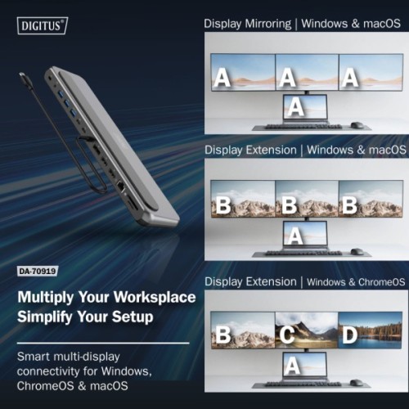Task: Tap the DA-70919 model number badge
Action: click(42, 272)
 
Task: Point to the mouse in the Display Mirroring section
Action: click(357, 125)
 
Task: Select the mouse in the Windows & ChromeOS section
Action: click(357, 380)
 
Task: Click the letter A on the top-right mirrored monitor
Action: click(350, 78)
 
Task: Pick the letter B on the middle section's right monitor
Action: click(349, 204)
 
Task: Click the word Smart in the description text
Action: click(35, 357)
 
